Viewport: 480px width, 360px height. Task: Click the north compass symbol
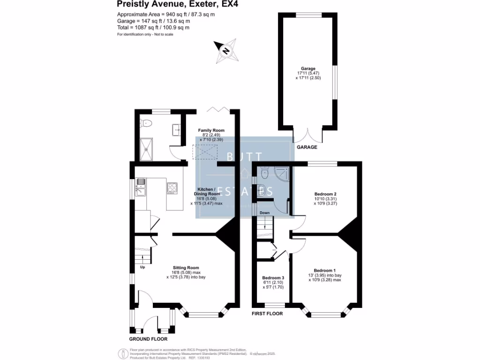tap(226, 52)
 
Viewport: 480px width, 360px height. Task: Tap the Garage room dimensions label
tap(307, 73)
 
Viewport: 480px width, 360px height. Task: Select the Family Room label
tap(211, 135)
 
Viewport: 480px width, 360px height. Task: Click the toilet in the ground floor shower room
tap(147, 124)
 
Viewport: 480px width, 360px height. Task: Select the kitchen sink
tap(141, 188)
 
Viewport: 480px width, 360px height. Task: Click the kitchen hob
tap(171, 188)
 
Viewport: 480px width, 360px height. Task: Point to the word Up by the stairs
tap(142, 268)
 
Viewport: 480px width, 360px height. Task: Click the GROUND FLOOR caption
tap(148, 339)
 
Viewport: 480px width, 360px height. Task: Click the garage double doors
tap(307, 136)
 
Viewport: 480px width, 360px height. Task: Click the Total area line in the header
tap(153, 28)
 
